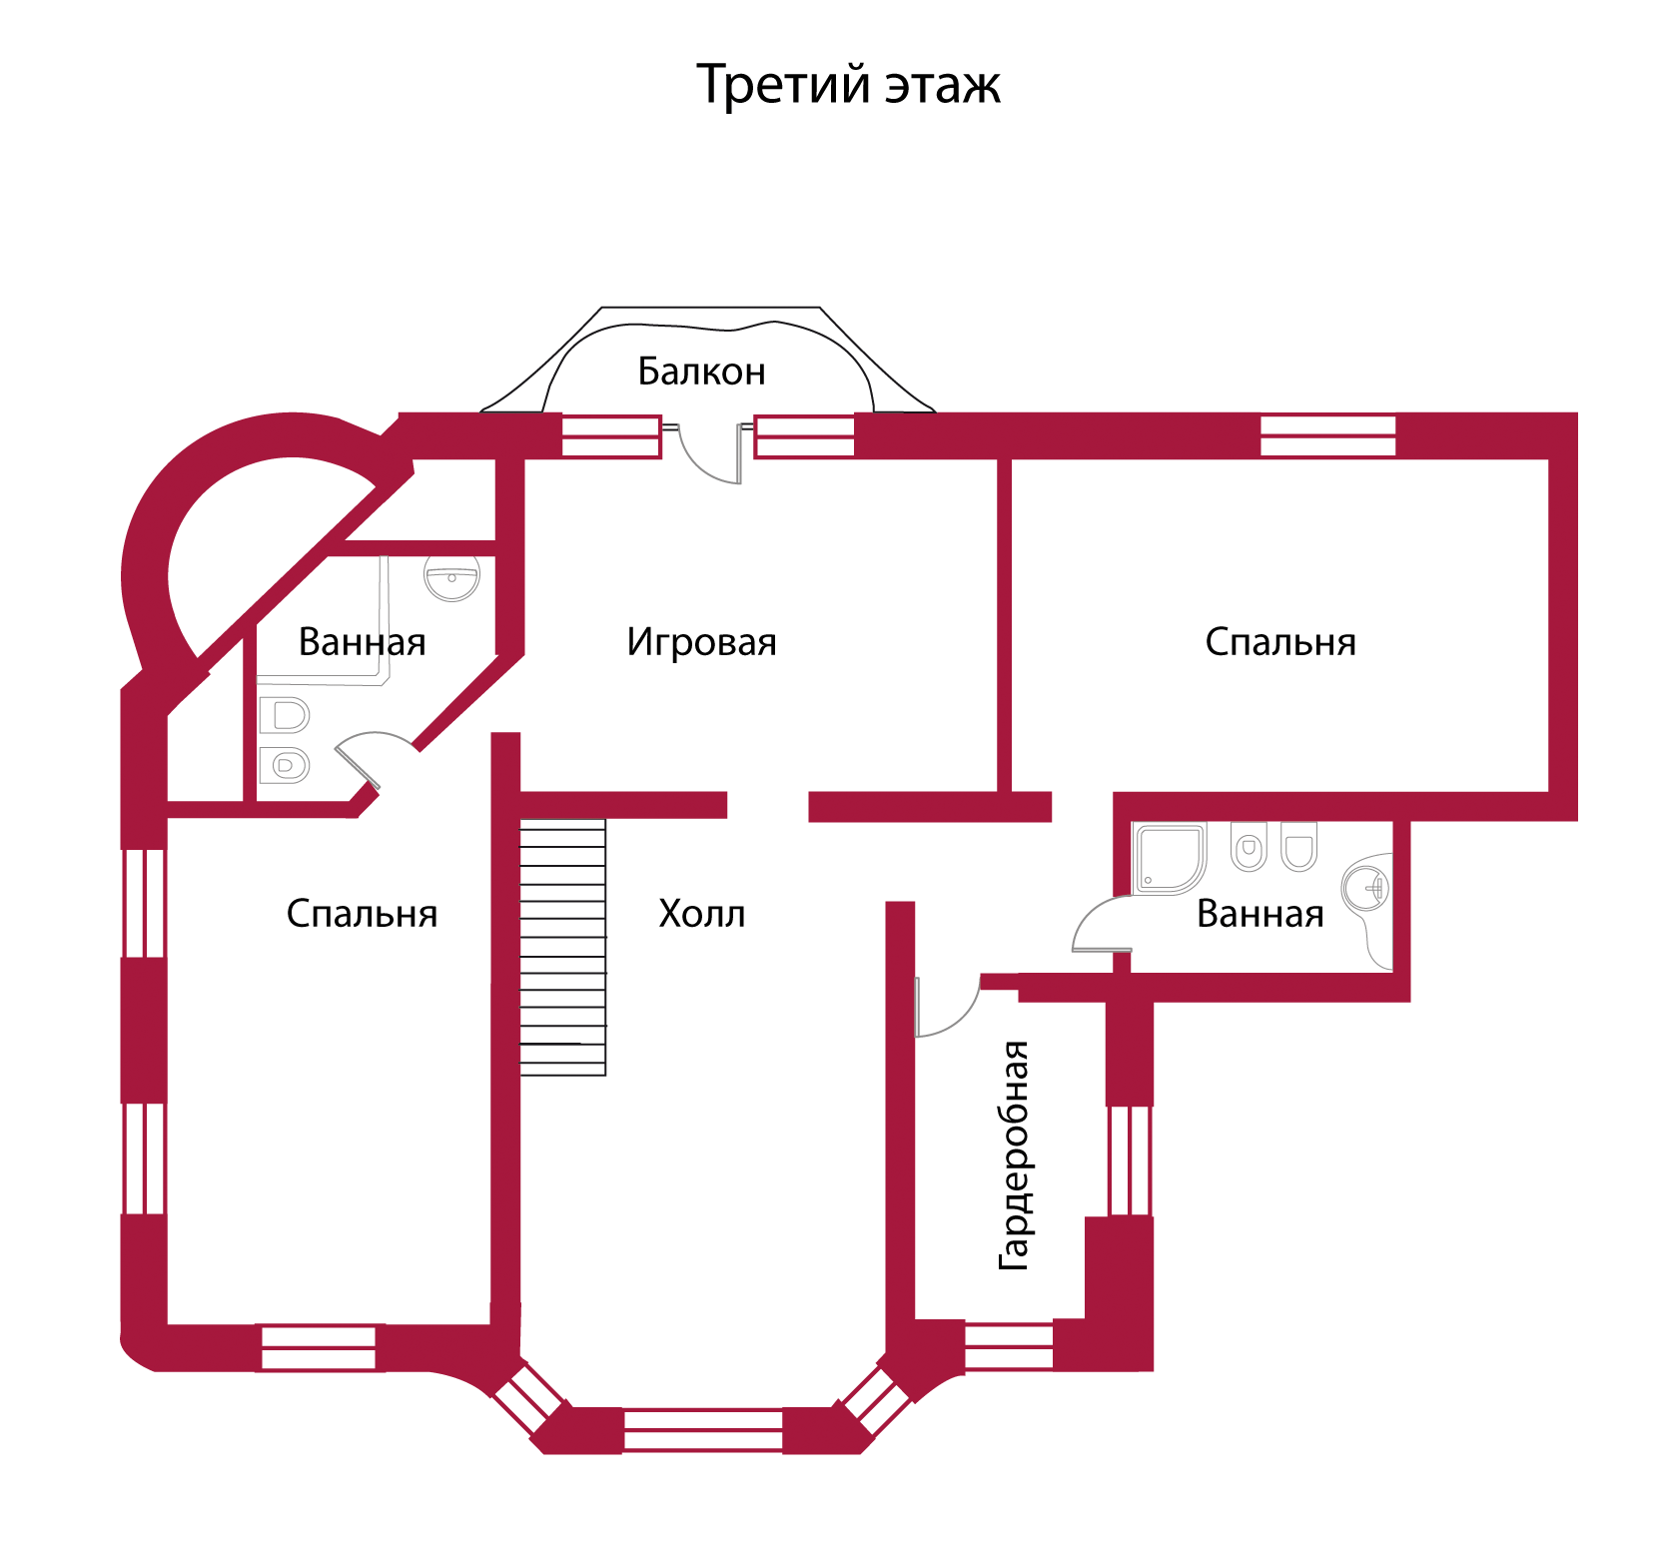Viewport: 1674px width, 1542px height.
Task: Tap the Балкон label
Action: tap(701, 372)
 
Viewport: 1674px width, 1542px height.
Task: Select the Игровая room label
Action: tap(701, 642)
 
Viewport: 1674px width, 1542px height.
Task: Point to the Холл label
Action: tap(701, 914)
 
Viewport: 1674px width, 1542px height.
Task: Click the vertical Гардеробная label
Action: tap(1014, 1155)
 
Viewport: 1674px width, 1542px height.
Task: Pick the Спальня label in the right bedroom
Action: tap(1280, 642)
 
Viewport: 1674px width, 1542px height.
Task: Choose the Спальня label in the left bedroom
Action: tap(362, 914)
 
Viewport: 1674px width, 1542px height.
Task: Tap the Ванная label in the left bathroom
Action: tap(362, 642)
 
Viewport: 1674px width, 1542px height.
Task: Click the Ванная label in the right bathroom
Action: tap(1259, 914)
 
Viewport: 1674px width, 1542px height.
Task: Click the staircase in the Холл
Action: tap(563, 947)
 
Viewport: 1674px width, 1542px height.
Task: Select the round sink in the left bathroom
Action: tap(452, 577)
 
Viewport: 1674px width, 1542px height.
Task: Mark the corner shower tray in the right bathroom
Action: tap(1170, 857)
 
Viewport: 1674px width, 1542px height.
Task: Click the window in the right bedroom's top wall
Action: tap(1327, 435)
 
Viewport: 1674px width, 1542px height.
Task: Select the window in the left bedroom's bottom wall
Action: tap(318, 1347)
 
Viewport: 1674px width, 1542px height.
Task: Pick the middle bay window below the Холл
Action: tap(703, 1430)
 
